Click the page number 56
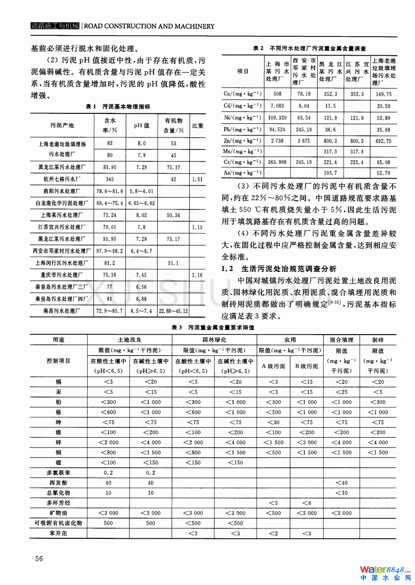[x=39, y=558]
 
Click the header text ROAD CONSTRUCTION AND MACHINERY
[x=149, y=26]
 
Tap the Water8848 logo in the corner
[x=385, y=573]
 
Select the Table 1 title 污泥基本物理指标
[x=118, y=107]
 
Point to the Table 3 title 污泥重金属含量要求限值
[x=213, y=327]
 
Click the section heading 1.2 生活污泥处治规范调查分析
[x=279, y=269]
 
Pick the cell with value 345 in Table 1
[x=110, y=179]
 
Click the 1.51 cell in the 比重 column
[x=197, y=179]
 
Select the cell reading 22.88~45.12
[x=173, y=311]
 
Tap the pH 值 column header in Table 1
[x=142, y=125]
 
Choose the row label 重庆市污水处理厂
[x=62, y=275]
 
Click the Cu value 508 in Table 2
[x=277, y=94]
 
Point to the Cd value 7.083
[x=277, y=106]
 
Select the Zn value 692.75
[x=383, y=141]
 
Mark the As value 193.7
[x=330, y=173]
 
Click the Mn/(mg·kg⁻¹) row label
[x=243, y=151]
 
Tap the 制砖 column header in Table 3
[x=378, y=340]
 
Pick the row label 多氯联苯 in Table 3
[x=59, y=473]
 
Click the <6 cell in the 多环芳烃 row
[x=307, y=503]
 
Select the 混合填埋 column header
[x=341, y=340]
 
